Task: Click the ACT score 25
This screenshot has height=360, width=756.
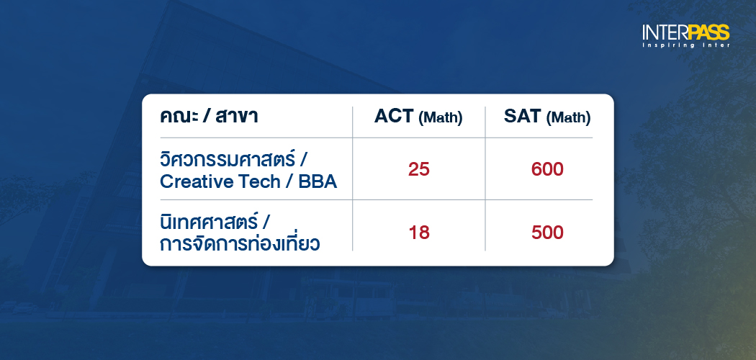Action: (418, 170)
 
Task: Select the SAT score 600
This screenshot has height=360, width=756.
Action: (546, 170)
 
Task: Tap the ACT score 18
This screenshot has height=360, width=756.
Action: (418, 233)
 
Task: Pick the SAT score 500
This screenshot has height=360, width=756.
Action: (546, 233)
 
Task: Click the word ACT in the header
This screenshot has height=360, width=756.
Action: (394, 117)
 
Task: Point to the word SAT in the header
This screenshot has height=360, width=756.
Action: (523, 117)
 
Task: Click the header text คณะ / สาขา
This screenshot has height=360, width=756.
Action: (209, 116)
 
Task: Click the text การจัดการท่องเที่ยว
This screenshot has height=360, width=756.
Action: (240, 243)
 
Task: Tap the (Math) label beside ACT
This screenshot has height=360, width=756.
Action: (440, 117)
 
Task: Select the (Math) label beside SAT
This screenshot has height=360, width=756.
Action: (568, 117)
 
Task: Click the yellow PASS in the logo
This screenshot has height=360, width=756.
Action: (708, 32)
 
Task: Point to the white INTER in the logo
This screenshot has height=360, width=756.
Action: (665, 32)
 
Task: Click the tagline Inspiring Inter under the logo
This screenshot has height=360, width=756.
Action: (686, 45)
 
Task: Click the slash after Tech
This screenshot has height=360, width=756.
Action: (287, 181)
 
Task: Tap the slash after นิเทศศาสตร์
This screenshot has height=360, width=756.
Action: (267, 221)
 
